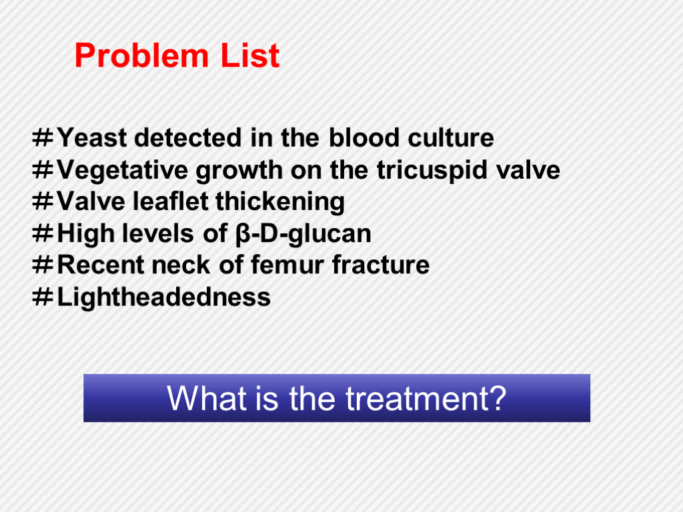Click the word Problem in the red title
point(141,55)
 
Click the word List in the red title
point(250,55)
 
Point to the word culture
point(451,138)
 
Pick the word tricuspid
point(431,170)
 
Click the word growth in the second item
point(239,170)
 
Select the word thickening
point(280,201)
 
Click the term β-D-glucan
point(303,234)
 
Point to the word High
point(86,234)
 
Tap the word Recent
point(101,265)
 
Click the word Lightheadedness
point(164,297)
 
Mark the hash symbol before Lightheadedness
point(43,297)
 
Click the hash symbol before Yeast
point(43,138)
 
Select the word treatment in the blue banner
point(426,399)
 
